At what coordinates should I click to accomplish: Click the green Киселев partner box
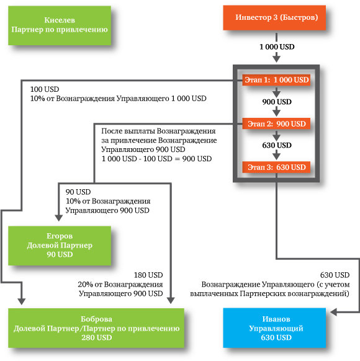[60, 25]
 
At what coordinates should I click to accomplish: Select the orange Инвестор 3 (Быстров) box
[274, 18]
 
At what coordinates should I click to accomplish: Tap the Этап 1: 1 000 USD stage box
[276, 80]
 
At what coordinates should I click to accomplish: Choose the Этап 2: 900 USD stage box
[276, 124]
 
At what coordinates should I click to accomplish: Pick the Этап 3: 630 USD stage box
[276, 167]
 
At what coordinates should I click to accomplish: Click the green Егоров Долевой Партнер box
[60, 246]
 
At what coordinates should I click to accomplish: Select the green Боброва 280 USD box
[96, 328]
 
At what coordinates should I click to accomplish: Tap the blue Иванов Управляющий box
[274, 328]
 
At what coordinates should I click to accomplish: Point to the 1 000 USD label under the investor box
[277, 47]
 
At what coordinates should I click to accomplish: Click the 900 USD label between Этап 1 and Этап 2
[277, 102]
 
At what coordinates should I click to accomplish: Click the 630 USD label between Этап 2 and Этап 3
[277, 145]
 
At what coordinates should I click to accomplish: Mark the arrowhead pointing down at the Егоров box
[59, 218]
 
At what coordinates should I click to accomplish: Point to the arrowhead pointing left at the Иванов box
[334, 312]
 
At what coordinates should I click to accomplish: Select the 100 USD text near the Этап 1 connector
[45, 89]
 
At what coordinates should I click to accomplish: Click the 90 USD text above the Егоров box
[78, 192]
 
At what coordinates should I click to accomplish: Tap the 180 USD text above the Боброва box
[148, 275]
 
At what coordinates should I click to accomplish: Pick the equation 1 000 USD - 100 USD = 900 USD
[156, 159]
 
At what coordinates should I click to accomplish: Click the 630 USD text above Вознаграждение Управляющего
[335, 275]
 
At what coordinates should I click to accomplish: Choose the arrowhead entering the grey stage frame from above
[276, 58]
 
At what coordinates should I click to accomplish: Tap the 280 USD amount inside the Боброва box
[96, 337]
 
